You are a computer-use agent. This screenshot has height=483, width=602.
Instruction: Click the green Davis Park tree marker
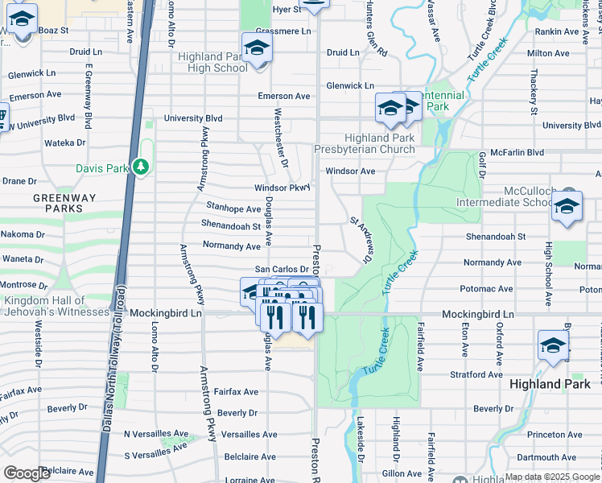141,167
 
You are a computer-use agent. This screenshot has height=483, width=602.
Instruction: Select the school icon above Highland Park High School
257,48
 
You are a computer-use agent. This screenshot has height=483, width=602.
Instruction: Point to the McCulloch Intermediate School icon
567,207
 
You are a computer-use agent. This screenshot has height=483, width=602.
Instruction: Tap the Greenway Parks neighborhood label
58,202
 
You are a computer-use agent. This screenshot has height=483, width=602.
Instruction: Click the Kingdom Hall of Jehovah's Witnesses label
56,306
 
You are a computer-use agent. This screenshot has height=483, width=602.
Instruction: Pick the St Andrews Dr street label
359,239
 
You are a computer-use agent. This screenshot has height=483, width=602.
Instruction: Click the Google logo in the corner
27,473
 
